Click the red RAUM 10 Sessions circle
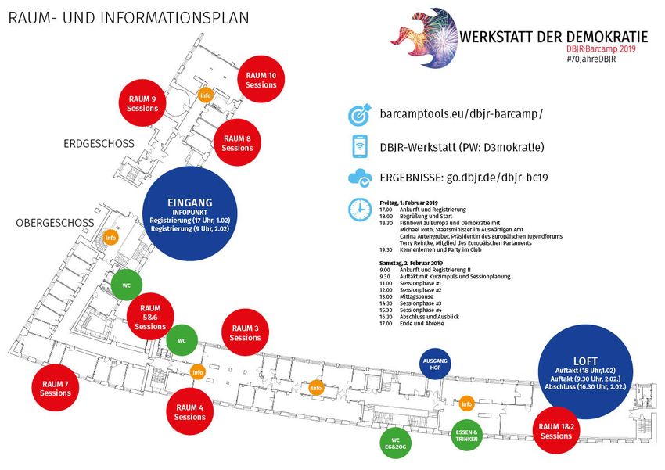(261, 80)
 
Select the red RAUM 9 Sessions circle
(142, 103)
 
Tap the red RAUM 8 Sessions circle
(237, 143)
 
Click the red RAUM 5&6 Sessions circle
(150, 318)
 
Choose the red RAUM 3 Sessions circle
(246, 333)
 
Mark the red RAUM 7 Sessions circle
(56, 388)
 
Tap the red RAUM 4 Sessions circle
(190, 412)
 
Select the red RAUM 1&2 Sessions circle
(556, 431)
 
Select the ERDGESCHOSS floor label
(99, 143)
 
